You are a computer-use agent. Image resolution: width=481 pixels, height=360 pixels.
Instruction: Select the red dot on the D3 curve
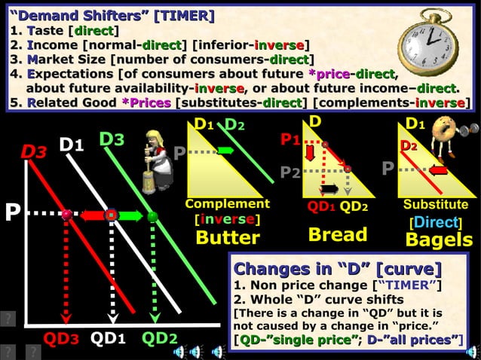(x=67, y=215)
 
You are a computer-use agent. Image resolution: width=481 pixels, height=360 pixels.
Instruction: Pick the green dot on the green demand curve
(x=152, y=216)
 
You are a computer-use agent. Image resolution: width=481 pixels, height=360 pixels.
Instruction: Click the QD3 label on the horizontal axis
(x=60, y=339)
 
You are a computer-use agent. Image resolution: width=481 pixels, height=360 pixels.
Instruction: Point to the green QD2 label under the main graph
(x=159, y=339)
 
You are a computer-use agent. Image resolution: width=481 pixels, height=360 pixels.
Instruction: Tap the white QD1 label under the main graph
(x=109, y=339)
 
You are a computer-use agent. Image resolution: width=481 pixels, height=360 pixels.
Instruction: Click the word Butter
(x=228, y=238)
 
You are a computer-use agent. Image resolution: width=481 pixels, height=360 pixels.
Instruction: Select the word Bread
(x=338, y=234)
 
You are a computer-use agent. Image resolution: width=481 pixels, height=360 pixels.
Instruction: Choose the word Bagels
(x=439, y=239)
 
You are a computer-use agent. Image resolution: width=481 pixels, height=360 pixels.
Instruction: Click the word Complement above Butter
(x=227, y=204)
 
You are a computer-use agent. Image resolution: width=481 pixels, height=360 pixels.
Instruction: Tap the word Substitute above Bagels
(x=436, y=204)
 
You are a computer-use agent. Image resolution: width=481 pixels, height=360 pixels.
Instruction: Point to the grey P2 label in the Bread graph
(x=291, y=172)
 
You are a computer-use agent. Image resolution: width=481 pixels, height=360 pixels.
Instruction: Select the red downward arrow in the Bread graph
(x=311, y=154)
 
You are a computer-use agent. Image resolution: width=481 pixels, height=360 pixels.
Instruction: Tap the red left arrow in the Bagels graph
(x=440, y=170)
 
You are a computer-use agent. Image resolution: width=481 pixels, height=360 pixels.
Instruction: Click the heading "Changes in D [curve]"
(x=337, y=269)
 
